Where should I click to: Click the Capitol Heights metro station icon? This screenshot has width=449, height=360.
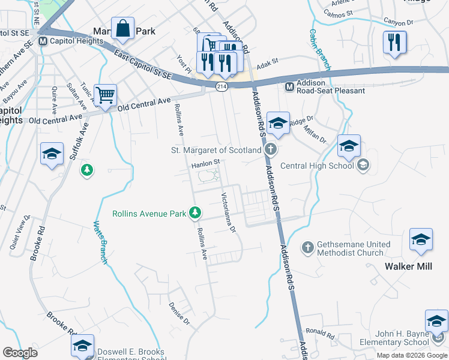42,41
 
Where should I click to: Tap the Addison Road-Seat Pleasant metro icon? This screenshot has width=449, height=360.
289,86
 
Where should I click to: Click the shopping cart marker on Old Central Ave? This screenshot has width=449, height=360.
105,95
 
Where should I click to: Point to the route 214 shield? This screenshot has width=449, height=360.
221,88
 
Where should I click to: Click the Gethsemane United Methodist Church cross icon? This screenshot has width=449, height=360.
307,247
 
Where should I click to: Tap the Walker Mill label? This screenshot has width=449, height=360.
408,266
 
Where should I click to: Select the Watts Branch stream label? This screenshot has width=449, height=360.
100,243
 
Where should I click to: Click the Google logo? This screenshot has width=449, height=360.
20,353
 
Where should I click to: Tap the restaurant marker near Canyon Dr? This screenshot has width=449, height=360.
394,41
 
